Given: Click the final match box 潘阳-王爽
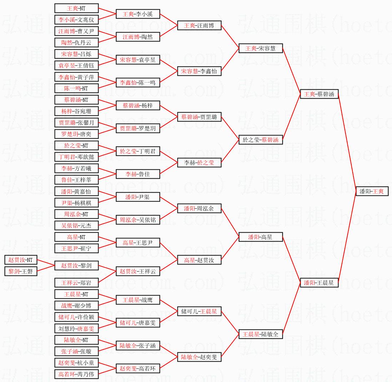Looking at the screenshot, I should tap(372, 192).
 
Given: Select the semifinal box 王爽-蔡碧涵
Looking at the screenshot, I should tap(319, 94).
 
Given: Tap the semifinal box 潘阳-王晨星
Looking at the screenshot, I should tap(319, 283).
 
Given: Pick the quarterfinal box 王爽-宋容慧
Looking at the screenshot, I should tap(260, 49).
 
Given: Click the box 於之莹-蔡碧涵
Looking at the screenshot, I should tap(260, 140).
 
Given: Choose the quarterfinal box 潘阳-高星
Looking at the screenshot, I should tap(260, 237).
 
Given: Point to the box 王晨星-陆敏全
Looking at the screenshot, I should tap(260, 334).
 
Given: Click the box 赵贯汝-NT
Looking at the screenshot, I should tap(21, 260).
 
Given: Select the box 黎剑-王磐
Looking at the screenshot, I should tap(21, 271).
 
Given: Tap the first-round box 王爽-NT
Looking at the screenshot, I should tap(76, 8).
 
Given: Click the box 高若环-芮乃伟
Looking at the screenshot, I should tap(76, 374).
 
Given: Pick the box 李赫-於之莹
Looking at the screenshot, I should tap(199, 163).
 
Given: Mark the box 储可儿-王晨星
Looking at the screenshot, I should tap(199, 312).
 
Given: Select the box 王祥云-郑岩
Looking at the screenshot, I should tap(76, 283).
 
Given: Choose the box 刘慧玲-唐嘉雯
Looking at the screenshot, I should tap(76, 328).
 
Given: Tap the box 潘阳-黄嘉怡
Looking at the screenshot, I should tap(76, 192).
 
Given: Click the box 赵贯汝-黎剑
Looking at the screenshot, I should tap(76, 266).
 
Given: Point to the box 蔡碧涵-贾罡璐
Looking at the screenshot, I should tap(199, 117).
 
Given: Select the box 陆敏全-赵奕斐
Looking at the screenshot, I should tap(199, 357).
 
